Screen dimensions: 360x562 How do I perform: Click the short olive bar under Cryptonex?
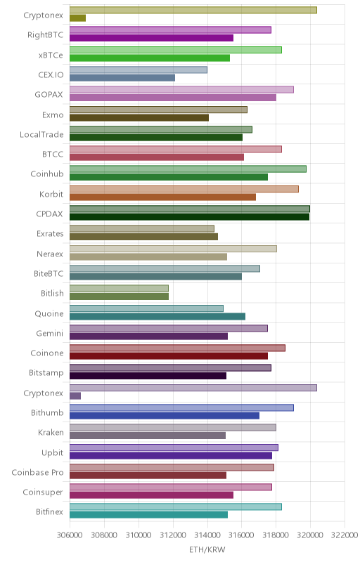77,18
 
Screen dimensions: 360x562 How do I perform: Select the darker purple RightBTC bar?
151,38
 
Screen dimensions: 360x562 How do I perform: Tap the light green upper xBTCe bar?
176,50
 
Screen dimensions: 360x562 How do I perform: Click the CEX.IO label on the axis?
51,75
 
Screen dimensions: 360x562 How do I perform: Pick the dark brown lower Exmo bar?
139,117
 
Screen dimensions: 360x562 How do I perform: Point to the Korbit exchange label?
51,195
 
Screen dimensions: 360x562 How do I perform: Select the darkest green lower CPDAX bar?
189,217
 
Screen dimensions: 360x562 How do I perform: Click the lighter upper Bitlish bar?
119,289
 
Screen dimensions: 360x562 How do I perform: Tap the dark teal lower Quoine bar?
157,316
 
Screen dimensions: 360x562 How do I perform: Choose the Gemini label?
49,333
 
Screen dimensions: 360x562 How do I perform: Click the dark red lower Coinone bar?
169,356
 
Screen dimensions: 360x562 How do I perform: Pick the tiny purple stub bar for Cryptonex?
75,396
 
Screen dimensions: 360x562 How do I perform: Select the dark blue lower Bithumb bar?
165,415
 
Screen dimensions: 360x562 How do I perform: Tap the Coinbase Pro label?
37,472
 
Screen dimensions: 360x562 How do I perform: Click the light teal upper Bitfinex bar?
176,507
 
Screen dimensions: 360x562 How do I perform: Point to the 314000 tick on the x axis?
207,535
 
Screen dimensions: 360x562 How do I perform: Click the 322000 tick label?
345,535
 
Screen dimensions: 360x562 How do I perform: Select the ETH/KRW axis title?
207,549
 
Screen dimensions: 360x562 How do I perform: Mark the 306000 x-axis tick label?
70,535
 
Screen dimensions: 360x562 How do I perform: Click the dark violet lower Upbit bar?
171,455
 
